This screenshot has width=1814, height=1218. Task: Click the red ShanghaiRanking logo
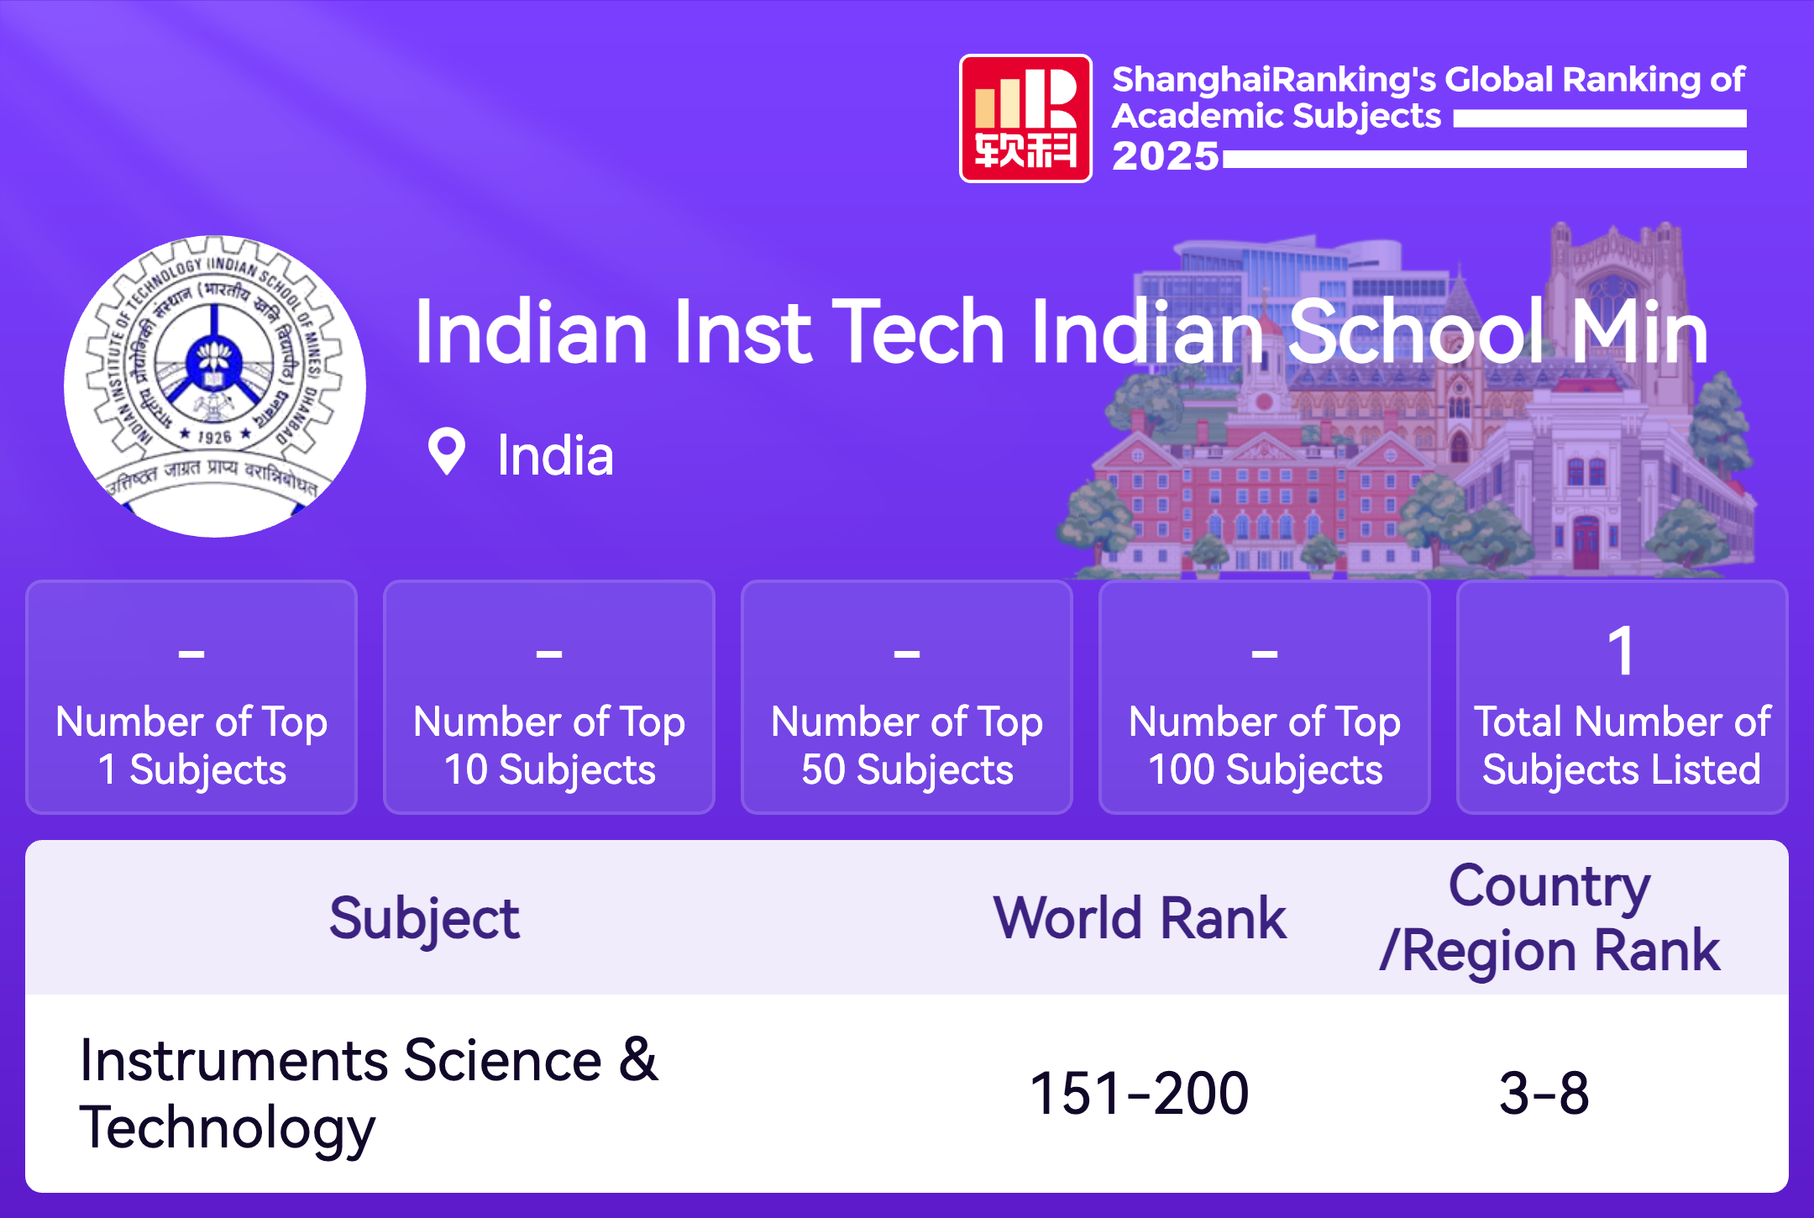pos(1025,118)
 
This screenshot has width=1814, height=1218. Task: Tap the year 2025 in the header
pos(1166,156)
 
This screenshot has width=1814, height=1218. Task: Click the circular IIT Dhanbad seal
pos(215,386)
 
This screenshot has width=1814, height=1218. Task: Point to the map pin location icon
pos(446,452)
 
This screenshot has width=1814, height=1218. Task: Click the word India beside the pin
pos(555,456)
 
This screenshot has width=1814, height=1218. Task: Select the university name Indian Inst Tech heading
pos(1062,332)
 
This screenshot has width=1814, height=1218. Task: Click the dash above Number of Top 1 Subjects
pos(191,653)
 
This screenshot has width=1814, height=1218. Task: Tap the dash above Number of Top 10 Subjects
pos(549,653)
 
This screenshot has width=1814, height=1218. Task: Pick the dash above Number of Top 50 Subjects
pos(907,653)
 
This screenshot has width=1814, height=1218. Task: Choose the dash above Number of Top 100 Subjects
pos(1265,653)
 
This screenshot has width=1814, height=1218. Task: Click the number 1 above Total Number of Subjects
pos(1622,651)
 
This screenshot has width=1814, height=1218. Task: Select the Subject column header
pos(424,919)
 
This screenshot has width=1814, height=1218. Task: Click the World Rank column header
pos(1140,917)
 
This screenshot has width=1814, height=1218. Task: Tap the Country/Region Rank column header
pos(1549,918)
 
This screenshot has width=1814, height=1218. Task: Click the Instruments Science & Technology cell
pos(369,1094)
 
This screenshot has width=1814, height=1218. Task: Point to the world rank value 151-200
pos(1140,1094)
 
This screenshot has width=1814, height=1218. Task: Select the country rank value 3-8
pos(1544,1094)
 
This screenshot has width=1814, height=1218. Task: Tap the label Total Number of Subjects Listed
pos(1622,746)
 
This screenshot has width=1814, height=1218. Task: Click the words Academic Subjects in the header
pos(1277,117)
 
